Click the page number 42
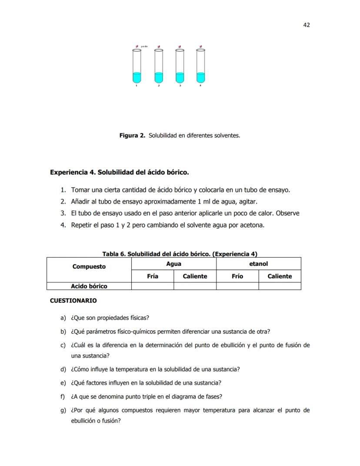[x=306, y=25]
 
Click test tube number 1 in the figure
[x=137, y=65]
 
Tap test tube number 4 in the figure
[x=200, y=65]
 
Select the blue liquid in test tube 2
[x=159, y=77]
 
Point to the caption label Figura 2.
[x=132, y=135]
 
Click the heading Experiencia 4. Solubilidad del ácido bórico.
[x=120, y=172]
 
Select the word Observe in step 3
[x=288, y=213]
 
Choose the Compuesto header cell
[x=89, y=267]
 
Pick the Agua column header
[x=173, y=264]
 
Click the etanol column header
[x=258, y=264]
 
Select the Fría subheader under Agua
[x=153, y=276]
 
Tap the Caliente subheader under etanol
[x=280, y=276]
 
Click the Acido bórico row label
[x=89, y=286]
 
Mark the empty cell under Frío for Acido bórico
[x=237, y=286]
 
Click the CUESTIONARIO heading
[x=73, y=301]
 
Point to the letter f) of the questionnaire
[x=63, y=396]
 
